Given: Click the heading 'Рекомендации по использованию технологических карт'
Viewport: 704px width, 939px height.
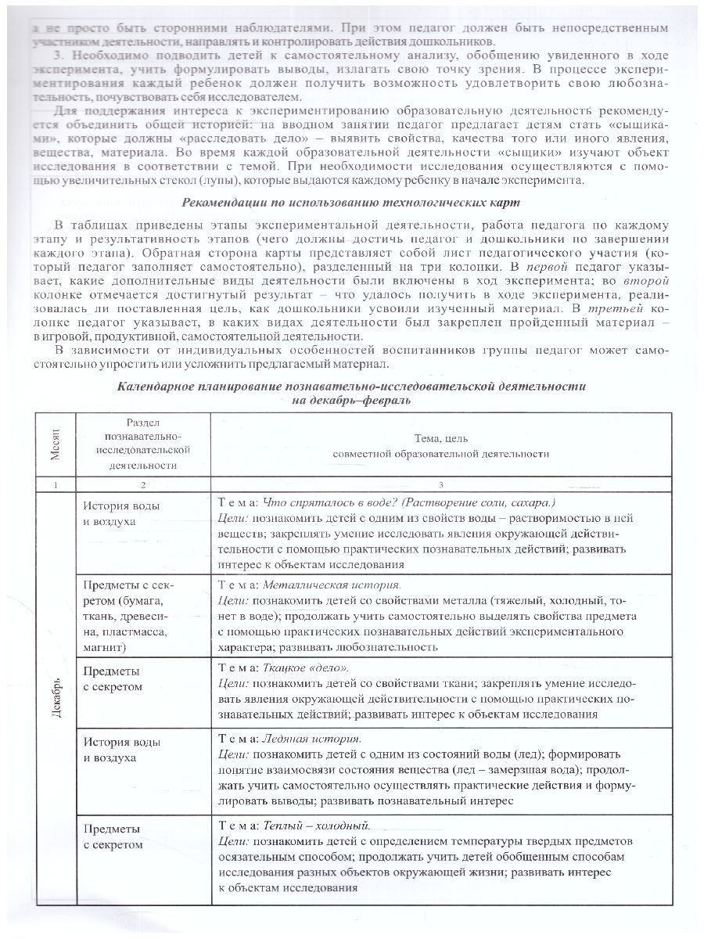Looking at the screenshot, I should tap(352, 203).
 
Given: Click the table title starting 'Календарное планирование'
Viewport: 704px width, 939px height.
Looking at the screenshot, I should tap(351, 386).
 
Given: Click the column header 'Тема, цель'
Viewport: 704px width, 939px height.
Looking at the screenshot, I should tap(440, 439).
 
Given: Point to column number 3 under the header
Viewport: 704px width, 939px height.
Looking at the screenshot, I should tap(440, 484).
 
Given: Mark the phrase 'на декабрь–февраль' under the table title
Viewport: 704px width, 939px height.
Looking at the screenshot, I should tap(351, 401).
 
